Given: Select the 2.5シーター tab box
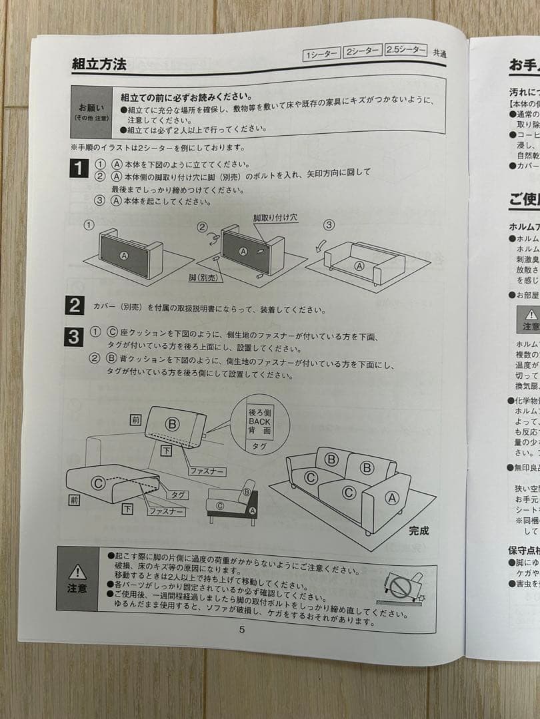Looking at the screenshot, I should [x=405, y=51].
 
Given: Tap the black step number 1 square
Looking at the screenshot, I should [x=79, y=168].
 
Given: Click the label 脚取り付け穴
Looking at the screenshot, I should [x=275, y=218].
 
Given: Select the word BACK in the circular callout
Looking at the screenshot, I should [x=259, y=421].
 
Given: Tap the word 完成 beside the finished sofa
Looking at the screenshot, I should [x=419, y=531].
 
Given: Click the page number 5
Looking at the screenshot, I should [x=242, y=630].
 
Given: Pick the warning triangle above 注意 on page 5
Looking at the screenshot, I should [x=77, y=571].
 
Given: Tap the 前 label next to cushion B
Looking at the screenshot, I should [x=136, y=420].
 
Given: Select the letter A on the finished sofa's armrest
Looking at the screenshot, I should [x=391, y=496].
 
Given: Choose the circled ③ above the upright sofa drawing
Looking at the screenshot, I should [x=329, y=225].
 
